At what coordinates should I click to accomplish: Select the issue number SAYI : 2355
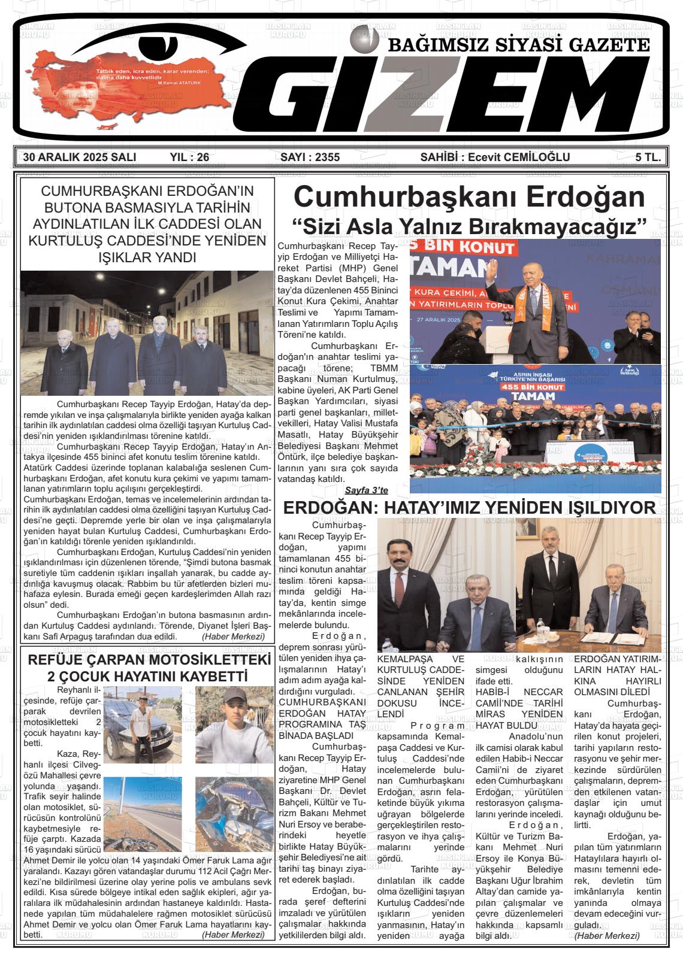pos(310,157)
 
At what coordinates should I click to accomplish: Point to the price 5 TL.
pos(648,157)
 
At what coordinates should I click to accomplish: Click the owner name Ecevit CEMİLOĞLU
pos(519,157)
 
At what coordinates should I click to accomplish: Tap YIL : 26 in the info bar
pos(189,157)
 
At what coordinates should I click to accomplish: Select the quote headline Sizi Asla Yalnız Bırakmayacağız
pos(469,227)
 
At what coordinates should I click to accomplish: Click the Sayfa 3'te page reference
pos(366,490)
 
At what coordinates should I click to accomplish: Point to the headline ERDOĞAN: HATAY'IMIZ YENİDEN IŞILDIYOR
pos(469,508)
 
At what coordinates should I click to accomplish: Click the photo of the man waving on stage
pos(535,301)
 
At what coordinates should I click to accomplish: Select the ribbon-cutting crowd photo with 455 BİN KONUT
pos(535,428)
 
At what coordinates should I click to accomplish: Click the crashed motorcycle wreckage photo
pos(234,814)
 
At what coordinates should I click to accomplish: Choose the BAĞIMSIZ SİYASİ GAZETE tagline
pos(519,45)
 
